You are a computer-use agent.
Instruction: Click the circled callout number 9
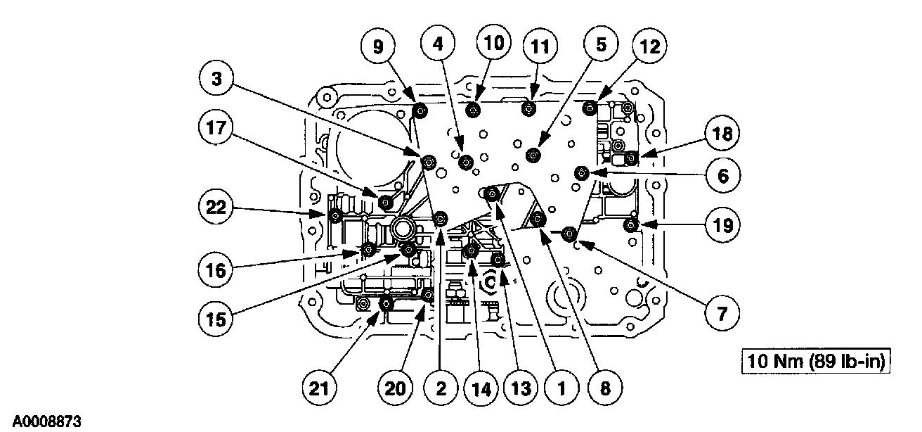379,48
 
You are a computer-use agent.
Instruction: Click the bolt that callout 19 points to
631,225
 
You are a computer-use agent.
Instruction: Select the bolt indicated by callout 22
336,215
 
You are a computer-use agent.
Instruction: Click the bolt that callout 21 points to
385,305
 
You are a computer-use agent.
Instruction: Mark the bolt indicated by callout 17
385,203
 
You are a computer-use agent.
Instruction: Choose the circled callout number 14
482,386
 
